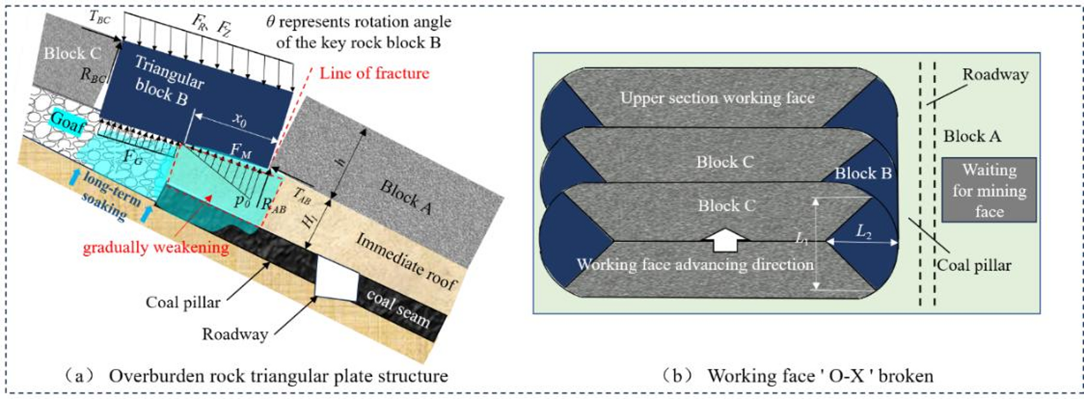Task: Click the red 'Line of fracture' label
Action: (374, 73)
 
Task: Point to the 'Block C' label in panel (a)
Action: (72, 53)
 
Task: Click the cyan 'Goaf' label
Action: (68, 121)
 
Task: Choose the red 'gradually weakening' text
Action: (155, 247)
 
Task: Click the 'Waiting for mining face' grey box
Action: (988, 190)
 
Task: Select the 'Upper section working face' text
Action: (717, 98)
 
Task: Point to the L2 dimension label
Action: (863, 232)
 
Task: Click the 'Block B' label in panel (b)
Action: (863, 173)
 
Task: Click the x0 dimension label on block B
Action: (239, 120)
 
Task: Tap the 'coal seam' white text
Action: (398, 308)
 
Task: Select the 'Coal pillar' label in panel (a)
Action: (183, 302)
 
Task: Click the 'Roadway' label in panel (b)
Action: (995, 74)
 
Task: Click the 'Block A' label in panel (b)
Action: (972, 136)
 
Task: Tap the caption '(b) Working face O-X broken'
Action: (798, 375)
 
